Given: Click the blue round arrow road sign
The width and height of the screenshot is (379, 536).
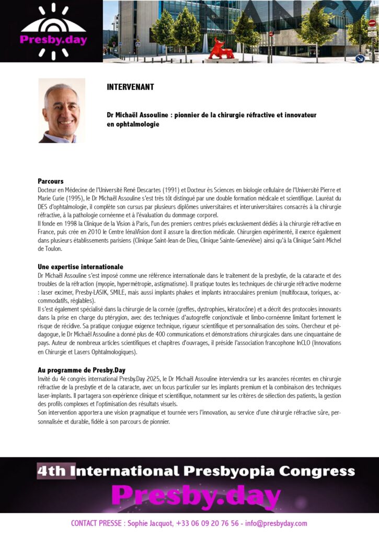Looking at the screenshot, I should (360, 58).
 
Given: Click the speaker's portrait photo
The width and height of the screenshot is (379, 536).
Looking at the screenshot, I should (62, 110).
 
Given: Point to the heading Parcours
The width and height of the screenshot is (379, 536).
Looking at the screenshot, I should (51, 181).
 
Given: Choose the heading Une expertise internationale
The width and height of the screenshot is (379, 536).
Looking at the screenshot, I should (81, 267).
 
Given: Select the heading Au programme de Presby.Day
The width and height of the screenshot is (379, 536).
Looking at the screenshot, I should (82, 370).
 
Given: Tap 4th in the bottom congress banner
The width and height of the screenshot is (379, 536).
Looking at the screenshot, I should (51, 471).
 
